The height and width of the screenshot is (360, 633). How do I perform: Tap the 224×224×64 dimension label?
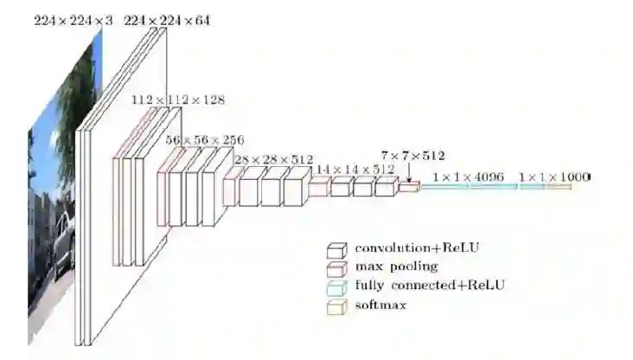[x=167, y=19]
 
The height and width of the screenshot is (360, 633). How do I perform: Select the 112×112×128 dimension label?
[x=178, y=100]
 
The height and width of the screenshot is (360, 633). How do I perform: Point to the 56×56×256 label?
[x=205, y=138]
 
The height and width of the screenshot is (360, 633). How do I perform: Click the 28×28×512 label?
[x=273, y=159]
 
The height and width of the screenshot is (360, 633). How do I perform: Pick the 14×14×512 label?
[x=355, y=170]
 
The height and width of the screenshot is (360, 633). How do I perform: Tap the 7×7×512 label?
[x=412, y=156]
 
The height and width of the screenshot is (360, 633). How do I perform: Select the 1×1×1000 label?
[x=553, y=177]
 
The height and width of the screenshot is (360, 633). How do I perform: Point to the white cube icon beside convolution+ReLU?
[x=336, y=250]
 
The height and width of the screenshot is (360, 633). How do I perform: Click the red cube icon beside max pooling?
[x=336, y=268]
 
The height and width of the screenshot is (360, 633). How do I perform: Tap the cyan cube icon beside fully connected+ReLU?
[x=336, y=287]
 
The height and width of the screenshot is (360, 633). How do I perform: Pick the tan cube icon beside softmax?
[x=336, y=306]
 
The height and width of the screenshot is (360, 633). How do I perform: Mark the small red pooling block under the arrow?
[x=408, y=186]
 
